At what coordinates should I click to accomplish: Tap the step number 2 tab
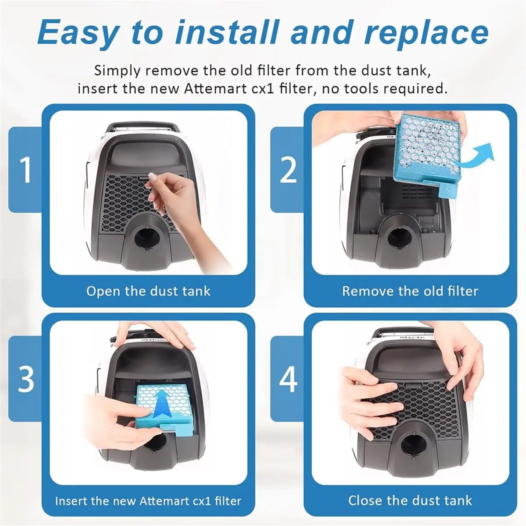click(288, 170)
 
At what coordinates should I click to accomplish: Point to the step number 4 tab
click(288, 379)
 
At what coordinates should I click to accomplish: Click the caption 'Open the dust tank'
click(148, 291)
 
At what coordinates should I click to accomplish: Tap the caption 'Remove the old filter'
click(410, 291)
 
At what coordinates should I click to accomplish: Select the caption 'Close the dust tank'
click(410, 501)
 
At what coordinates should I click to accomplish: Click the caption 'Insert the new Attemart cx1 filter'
click(148, 501)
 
